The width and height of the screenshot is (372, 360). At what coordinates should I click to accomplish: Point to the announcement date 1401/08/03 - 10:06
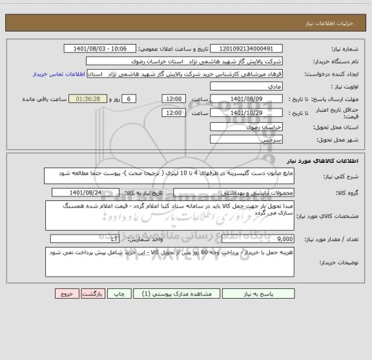[101, 48]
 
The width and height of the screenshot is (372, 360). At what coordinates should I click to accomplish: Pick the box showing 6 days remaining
[129, 98]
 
